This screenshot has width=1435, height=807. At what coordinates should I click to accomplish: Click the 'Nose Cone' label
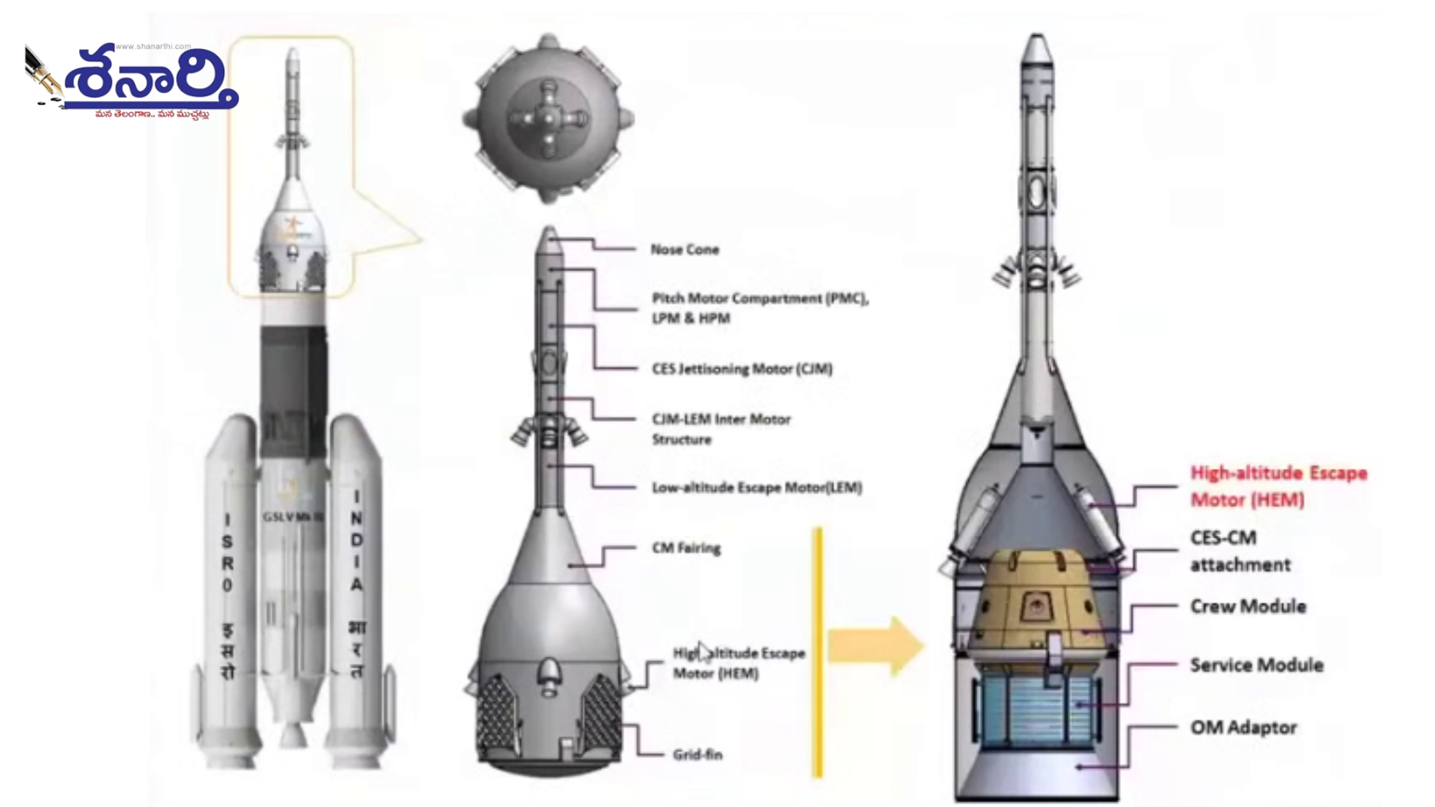click(x=684, y=249)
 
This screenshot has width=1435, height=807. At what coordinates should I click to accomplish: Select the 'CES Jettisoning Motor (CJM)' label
click(x=742, y=368)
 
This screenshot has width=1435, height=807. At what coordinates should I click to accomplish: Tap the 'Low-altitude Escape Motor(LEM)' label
click(x=756, y=488)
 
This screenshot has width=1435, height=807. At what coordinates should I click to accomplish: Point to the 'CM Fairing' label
click(x=686, y=548)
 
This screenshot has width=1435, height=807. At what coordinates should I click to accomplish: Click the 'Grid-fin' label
click(x=697, y=754)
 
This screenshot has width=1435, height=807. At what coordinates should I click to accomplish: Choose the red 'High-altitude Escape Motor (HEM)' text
click(x=1278, y=486)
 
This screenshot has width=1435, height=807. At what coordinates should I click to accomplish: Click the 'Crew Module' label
click(x=1248, y=606)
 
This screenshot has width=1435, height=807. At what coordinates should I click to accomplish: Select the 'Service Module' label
click(x=1256, y=665)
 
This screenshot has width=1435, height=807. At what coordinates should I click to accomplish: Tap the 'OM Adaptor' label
click(x=1243, y=727)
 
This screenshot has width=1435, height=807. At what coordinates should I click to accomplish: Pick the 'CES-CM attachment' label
click(x=1239, y=551)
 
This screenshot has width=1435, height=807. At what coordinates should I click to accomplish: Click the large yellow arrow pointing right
click(x=875, y=646)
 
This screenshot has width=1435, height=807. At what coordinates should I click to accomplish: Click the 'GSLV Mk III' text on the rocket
click(x=293, y=517)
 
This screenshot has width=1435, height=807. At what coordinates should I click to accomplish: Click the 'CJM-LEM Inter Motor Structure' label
click(x=721, y=429)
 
